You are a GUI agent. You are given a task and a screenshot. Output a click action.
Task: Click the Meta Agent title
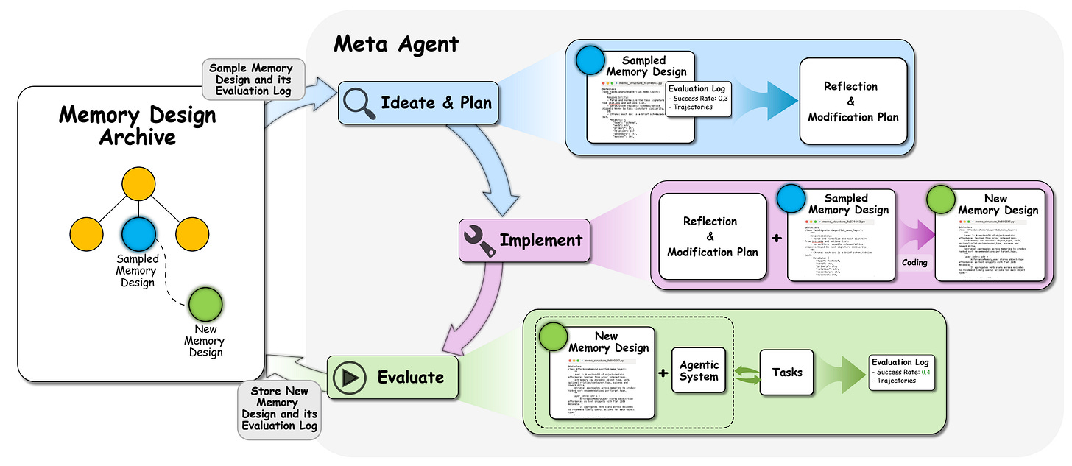[x=396, y=44]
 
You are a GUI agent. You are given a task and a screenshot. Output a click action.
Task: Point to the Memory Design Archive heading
[x=138, y=126]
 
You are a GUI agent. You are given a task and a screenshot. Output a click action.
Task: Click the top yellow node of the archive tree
[x=138, y=184]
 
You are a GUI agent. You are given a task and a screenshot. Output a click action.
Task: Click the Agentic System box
[x=699, y=370]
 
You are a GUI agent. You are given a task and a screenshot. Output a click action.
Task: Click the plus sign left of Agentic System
[x=662, y=373]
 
